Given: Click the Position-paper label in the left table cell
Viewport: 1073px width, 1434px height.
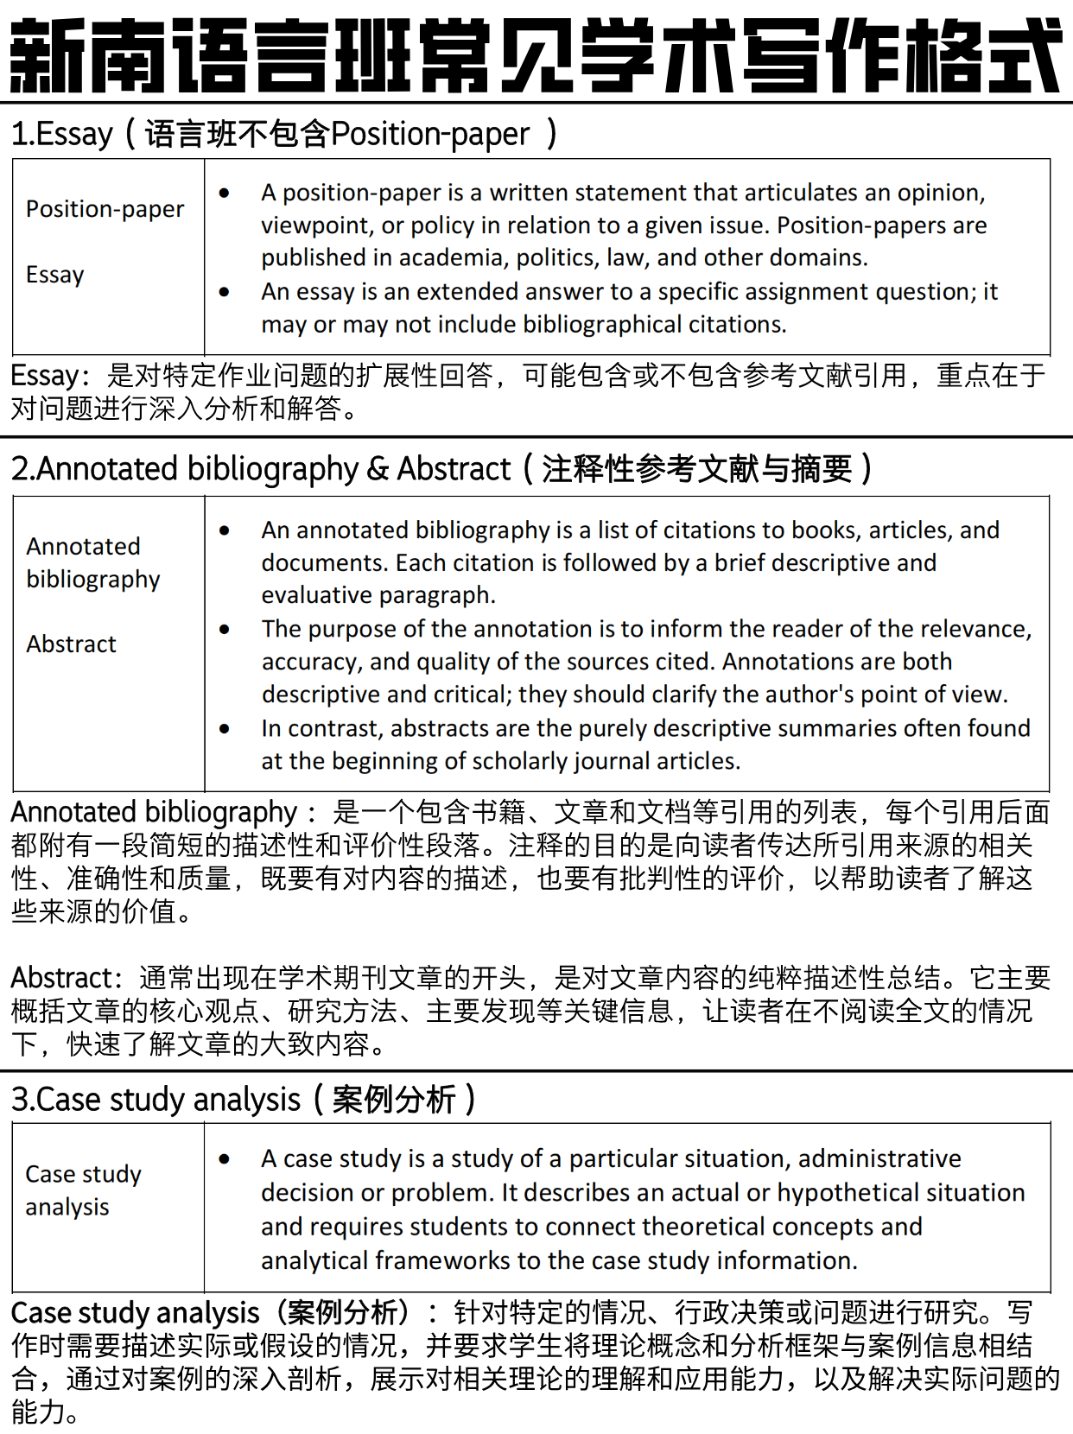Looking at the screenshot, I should click(x=105, y=209).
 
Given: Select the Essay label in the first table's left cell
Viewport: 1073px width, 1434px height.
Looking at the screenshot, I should click(x=55, y=275).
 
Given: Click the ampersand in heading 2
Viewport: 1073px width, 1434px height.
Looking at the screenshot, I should click(x=378, y=469).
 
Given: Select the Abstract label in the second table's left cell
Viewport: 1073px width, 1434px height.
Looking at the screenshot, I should click(x=71, y=644).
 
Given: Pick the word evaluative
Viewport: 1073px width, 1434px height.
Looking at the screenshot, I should click(x=317, y=595).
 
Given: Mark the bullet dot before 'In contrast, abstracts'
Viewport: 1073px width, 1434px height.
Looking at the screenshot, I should click(x=225, y=728).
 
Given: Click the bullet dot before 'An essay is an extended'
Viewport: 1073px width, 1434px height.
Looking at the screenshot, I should click(x=225, y=292).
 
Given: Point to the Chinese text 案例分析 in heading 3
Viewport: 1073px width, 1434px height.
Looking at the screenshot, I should click(x=394, y=1100).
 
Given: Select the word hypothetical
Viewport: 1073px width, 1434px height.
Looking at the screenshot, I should click(x=844, y=1193).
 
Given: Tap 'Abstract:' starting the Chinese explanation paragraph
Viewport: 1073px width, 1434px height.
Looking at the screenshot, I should click(x=67, y=978).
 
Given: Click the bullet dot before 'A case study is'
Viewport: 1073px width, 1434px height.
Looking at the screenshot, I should click(x=225, y=1159).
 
